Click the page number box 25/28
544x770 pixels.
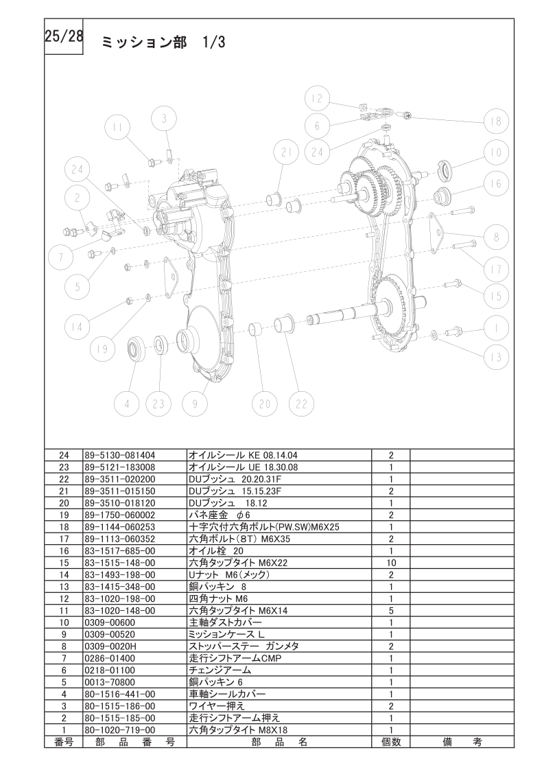64,36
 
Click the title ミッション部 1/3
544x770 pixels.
163,43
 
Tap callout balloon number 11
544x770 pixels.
117,128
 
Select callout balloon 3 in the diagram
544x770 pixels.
164,119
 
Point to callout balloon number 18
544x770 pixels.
496,121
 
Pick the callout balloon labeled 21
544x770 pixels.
287,152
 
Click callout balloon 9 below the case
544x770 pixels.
195,404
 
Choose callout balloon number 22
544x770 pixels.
301,404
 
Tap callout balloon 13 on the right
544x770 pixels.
496,357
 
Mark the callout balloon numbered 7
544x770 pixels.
61,257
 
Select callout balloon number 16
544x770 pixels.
496,183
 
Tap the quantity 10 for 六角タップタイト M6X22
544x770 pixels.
391,563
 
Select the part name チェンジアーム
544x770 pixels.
220,670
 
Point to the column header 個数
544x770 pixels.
391,741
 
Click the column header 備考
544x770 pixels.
462,741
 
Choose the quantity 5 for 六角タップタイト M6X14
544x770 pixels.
391,610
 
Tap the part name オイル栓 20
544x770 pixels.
216,551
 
